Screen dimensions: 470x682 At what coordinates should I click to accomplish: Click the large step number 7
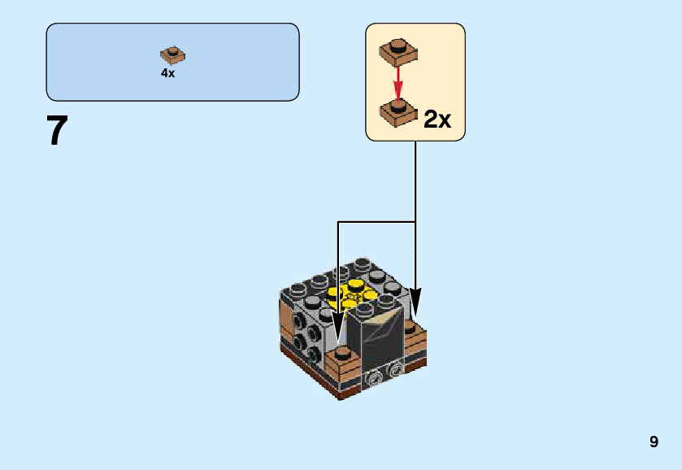57,131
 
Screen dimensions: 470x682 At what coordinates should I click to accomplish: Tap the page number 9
654,442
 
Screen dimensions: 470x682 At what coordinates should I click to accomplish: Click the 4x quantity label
167,73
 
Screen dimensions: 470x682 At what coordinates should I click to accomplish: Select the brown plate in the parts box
172,55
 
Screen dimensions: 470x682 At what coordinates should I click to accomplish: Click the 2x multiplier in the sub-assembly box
437,120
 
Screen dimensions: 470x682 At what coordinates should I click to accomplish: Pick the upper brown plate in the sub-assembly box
398,52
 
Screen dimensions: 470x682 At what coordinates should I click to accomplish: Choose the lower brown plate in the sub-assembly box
398,113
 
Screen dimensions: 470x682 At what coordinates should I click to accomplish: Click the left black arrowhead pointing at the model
338,333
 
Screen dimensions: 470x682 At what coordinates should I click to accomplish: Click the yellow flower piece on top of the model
353,294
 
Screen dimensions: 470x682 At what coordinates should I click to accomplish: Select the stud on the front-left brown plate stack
343,353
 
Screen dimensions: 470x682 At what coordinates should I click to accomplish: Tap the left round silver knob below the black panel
376,377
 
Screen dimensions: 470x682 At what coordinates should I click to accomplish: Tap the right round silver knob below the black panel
397,370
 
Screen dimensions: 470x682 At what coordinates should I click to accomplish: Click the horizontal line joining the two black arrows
376,221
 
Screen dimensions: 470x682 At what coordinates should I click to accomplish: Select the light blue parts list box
172,62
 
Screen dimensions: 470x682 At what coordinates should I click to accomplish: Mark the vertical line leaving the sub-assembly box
415,179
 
